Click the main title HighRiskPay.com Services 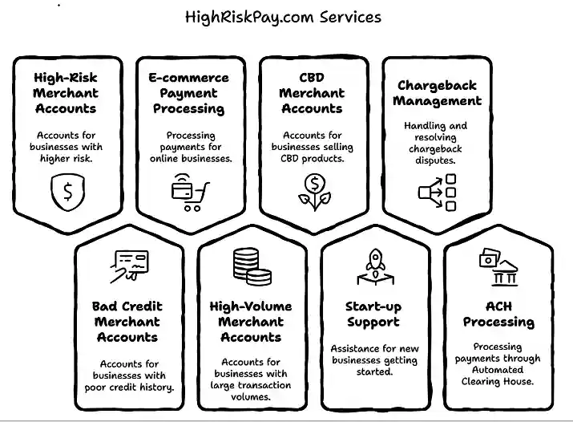(284, 16)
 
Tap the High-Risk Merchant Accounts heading (66, 93)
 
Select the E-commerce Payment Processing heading (188, 93)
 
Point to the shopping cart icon (190, 193)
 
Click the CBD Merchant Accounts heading (311, 93)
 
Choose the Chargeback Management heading (437, 93)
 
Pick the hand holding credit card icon (128, 266)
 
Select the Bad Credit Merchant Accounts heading (127, 322)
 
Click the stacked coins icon (250, 267)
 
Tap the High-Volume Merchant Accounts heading (250, 322)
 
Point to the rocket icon (373, 266)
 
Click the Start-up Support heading (373, 314)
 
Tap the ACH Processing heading (498, 314)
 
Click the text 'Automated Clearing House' (498, 375)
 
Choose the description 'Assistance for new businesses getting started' (373, 360)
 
